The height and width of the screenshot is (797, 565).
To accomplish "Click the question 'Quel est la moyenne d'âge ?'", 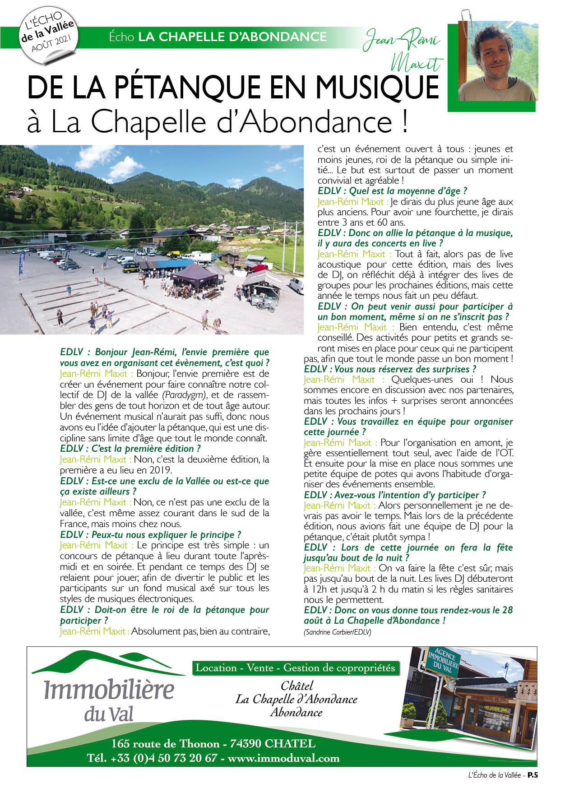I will (x=392, y=191).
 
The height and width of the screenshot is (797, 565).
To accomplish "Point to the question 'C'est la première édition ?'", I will (x=130, y=449).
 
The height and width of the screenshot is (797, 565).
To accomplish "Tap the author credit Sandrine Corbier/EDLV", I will (x=338, y=632).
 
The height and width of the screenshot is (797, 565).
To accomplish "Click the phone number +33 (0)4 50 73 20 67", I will (x=153, y=758).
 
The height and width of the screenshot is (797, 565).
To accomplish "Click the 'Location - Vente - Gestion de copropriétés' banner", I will (x=296, y=668).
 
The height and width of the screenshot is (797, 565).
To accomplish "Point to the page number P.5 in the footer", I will (x=533, y=775).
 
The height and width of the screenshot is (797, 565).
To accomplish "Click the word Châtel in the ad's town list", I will (x=296, y=686).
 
